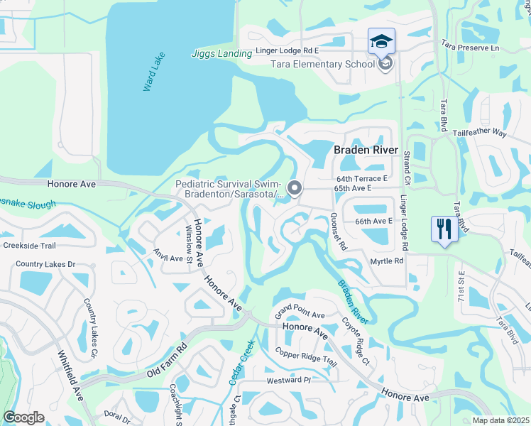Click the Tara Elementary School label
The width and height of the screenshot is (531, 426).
(x=322, y=65)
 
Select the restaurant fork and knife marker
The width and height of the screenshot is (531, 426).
(x=445, y=229)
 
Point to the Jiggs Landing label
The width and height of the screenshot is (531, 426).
(x=221, y=53)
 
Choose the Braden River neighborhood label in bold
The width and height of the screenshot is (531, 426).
(x=366, y=150)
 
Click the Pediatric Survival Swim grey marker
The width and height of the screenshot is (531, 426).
(x=294, y=188)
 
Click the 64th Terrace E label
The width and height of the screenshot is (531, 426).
(x=361, y=179)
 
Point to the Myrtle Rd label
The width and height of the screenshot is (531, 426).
(x=387, y=261)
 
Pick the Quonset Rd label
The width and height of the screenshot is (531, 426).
(x=338, y=233)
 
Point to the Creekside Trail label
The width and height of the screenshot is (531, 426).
(x=28, y=246)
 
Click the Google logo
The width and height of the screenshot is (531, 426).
(x=23, y=417)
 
